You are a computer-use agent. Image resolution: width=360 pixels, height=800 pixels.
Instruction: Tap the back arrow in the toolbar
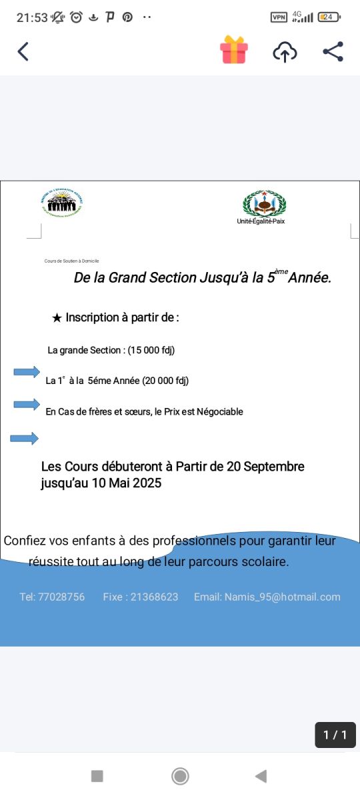23,51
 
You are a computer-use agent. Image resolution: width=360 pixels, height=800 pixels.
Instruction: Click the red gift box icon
234,50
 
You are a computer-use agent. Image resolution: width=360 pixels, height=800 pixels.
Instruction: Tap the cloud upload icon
285,52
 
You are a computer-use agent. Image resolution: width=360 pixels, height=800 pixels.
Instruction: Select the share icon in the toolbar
333,51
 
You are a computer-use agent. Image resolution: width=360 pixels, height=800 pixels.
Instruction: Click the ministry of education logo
61,203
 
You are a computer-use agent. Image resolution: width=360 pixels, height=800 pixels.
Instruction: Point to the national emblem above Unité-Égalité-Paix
264,203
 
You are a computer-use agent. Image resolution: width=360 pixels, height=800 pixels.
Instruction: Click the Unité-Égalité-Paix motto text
261,221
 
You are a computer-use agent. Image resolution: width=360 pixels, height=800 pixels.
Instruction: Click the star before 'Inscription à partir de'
57,318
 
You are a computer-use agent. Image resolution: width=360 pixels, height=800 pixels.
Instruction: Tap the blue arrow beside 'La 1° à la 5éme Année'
27,373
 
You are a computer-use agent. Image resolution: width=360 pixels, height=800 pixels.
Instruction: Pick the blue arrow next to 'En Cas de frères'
27,404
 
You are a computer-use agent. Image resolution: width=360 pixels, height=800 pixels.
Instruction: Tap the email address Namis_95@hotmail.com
282,597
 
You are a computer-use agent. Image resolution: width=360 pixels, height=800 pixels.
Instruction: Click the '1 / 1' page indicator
335,735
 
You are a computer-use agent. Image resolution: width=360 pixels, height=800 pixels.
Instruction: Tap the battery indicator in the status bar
328,17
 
